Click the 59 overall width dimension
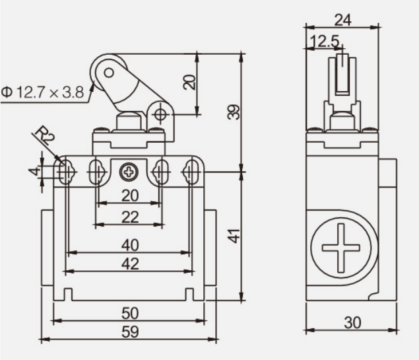(130, 332)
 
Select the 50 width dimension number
(130, 313)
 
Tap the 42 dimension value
(130, 264)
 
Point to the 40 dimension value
(130, 245)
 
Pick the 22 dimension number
(130, 217)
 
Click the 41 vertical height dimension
(235, 236)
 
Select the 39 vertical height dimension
(234, 112)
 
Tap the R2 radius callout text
(45, 135)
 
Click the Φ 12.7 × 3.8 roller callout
(42, 92)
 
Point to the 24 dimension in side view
(343, 20)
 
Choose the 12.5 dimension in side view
(325, 42)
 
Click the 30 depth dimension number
(353, 323)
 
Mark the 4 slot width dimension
(34, 170)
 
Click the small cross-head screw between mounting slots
(129, 172)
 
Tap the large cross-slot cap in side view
(341, 248)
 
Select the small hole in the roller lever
(109, 73)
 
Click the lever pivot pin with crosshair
(160, 115)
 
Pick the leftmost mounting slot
(65, 172)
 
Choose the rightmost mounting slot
(191, 172)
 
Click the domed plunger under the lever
(129, 122)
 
